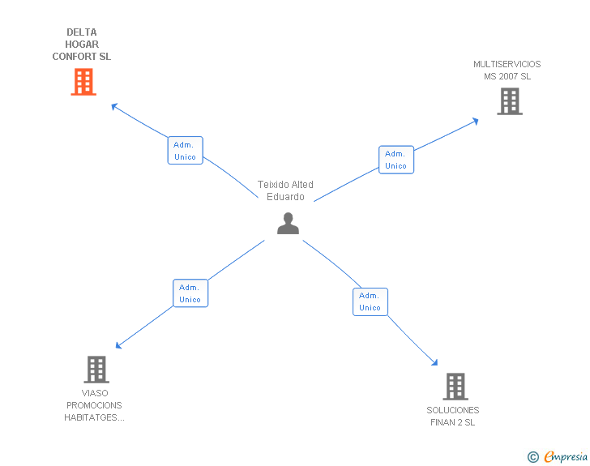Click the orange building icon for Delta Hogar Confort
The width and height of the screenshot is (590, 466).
(83, 82)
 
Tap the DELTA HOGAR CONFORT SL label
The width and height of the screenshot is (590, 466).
(82, 45)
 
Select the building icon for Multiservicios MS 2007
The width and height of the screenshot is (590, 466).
(509, 101)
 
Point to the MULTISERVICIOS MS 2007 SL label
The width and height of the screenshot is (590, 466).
(507, 71)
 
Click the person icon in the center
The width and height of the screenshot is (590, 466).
(288, 223)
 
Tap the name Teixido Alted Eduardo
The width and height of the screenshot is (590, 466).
(285, 190)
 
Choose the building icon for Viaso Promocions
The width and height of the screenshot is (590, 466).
(96, 370)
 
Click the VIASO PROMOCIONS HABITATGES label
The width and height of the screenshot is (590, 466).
(95, 405)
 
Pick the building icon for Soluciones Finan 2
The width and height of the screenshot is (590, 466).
(455, 387)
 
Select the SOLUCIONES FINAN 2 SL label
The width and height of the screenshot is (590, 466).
(453, 416)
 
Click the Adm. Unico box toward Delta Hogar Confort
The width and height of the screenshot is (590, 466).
(185, 151)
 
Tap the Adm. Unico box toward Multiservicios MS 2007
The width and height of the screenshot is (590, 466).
(395, 160)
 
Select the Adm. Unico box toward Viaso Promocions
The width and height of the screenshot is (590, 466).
(190, 293)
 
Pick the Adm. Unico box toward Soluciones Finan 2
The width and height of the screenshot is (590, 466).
(370, 301)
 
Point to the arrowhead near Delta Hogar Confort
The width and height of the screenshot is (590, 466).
(114, 105)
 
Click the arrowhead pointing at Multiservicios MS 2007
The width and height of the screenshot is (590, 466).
(475, 121)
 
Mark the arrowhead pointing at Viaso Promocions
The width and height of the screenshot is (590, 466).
(118, 345)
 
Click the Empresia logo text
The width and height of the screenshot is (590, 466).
(566, 456)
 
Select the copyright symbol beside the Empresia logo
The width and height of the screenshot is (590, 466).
(532, 457)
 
